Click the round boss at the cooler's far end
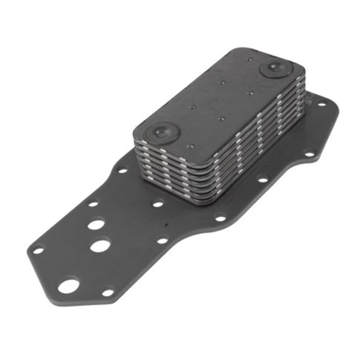click(x=276, y=68)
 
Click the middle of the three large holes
click(x=100, y=246)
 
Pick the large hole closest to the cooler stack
click(x=96, y=224)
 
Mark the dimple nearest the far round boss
click(x=249, y=59)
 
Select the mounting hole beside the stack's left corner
click(x=122, y=170)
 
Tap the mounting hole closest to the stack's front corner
click(x=220, y=218)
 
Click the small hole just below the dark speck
click(x=162, y=241)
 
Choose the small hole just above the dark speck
click(x=157, y=204)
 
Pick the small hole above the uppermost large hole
click(x=93, y=203)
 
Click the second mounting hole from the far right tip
click(x=309, y=153)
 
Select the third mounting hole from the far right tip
click(x=262, y=180)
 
